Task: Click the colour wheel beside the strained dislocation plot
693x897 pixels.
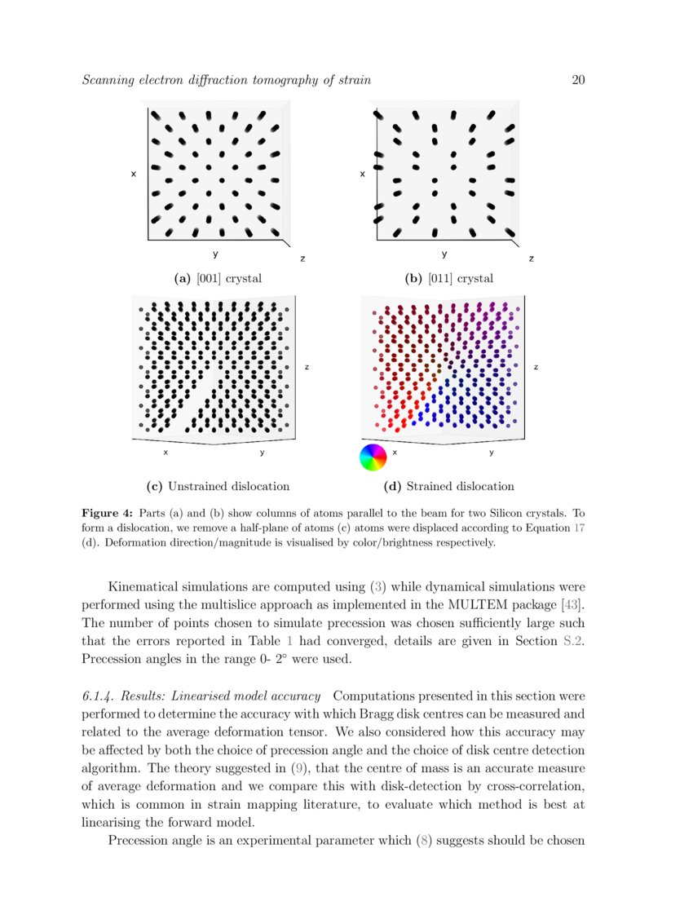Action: click(x=373, y=457)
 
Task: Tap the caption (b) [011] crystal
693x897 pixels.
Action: click(x=449, y=279)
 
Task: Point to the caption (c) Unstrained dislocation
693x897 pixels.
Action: click(x=218, y=487)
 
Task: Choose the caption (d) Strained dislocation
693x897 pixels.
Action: click(x=448, y=487)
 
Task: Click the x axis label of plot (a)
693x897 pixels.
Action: click(x=133, y=175)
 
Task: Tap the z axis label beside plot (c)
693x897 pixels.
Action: click(x=307, y=368)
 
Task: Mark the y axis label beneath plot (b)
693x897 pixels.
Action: click(x=444, y=254)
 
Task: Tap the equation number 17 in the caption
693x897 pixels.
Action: click(x=579, y=528)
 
